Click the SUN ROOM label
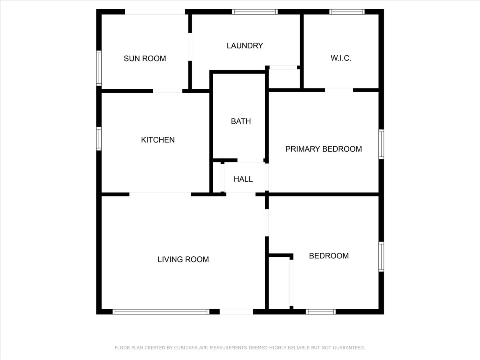(145, 58)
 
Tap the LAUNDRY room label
(245, 46)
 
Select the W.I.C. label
(341, 58)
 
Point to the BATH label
(241, 121)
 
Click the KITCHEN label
(158, 140)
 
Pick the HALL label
(243, 179)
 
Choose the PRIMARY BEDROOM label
(324, 149)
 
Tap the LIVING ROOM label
(183, 260)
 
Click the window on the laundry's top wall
(255, 12)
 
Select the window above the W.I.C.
(347, 12)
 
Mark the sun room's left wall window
(99, 68)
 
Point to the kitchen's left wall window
(99, 138)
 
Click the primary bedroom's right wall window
(381, 144)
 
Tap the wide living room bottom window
(161, 312)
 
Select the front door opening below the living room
(236, 312)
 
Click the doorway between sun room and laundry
(190, 47)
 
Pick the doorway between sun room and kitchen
(168, 91)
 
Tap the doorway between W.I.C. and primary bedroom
(339, 90)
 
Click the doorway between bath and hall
(250, 160)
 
